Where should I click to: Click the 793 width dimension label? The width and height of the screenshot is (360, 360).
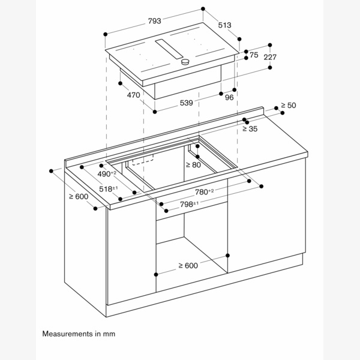click(x=154, y=21)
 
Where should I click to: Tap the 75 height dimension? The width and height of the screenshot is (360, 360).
click(x=254, y=55)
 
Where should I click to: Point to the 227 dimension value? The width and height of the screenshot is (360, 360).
click(x=270, y=58)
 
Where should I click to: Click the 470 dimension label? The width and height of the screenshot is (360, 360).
click(x=133, y=95)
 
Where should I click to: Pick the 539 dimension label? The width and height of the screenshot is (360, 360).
click(x=187, y=103)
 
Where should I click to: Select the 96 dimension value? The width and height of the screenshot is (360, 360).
click(x=229, y=98)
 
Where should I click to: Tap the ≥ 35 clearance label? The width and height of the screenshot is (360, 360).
click(x=250, y=129)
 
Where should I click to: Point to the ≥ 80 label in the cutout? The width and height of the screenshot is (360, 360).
click(x=193, y=164)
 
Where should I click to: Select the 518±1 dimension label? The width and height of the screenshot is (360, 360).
click(x=109, y=188)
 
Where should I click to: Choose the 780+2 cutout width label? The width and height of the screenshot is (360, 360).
click(x=204, y=192)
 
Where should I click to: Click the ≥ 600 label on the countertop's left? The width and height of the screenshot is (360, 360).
click(x=78, y=196)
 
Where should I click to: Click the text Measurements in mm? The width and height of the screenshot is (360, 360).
click(x=78, y=333)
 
